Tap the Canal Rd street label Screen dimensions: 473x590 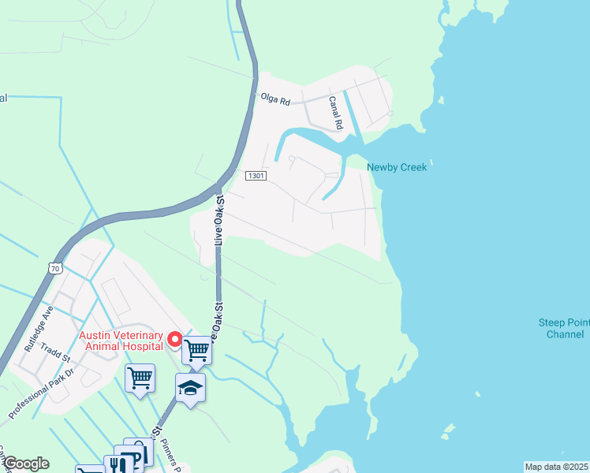click(x=336, y=114)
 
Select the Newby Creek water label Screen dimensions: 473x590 click(x=397, y=167)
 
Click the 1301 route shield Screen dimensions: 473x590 click(x=255, y=175)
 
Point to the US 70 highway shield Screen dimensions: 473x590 click(x=54, y=268)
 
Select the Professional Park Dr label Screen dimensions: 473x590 click(x=40, y=393)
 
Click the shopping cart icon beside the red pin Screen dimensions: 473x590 click(x=196, y=348)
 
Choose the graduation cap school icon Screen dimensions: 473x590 click(x=190, y=387)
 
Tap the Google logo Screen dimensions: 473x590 click(x=25, y=464)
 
